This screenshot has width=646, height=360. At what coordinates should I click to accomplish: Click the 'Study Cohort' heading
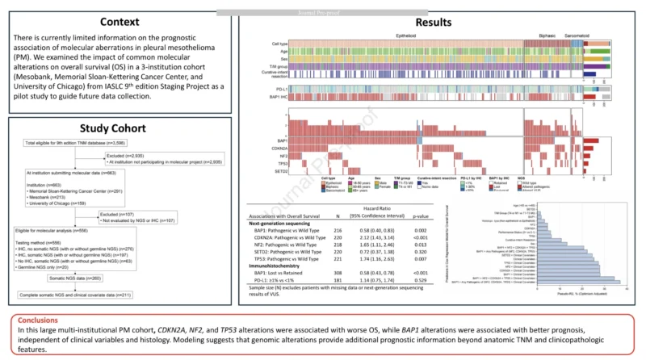point(120,128)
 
